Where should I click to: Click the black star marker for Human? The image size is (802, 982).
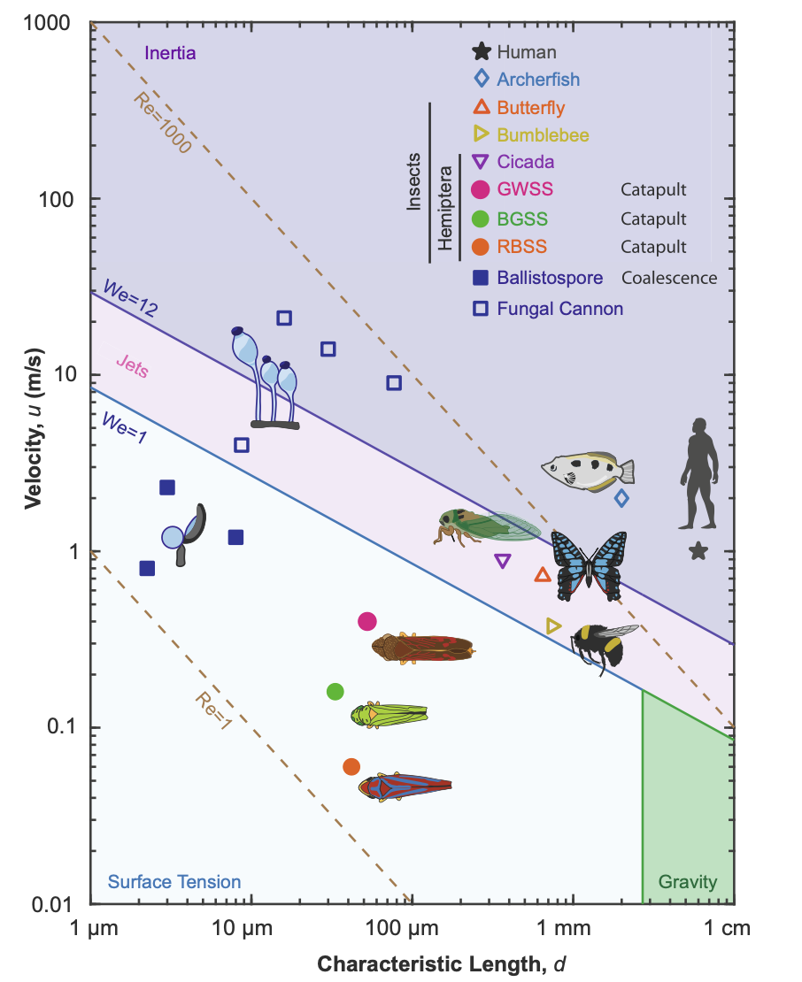point(698,551)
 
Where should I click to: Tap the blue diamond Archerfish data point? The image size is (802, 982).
point(621,498)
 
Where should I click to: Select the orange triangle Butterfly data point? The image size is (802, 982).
point(544,575)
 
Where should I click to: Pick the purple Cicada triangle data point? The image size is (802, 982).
point(503,560)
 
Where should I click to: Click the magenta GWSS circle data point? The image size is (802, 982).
point(367,621)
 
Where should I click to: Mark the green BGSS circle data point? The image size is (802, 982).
point(335,691)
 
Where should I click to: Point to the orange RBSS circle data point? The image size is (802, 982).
point(351,766)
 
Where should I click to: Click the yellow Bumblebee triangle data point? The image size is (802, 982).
point(554,625)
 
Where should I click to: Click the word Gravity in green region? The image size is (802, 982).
point(688,882)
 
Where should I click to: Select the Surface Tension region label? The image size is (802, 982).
point(174,882)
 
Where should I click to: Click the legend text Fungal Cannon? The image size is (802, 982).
point(560,309)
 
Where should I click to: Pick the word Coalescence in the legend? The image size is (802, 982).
point(668,278)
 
